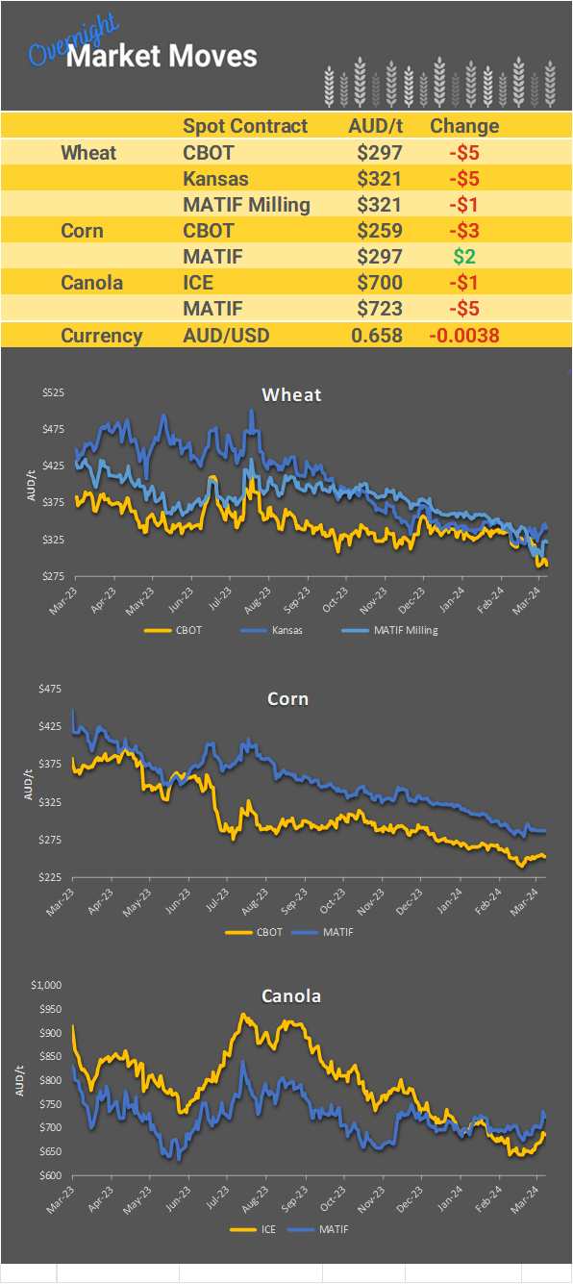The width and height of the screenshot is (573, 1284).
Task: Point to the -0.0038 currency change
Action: [463, 335]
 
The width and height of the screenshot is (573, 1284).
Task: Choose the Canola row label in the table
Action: [92, 283]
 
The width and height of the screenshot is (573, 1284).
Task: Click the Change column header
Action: [464, 126]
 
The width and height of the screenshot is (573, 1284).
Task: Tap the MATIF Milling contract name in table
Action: [246, 204]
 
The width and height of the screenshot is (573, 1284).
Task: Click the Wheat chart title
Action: [291, 394]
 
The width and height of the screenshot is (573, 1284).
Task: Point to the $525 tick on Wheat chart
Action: [53, 392]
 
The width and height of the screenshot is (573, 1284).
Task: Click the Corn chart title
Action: [287, 698]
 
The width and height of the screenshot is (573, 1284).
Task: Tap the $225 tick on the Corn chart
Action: [53, 877]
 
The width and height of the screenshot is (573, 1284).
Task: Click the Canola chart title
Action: [291, 995]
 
